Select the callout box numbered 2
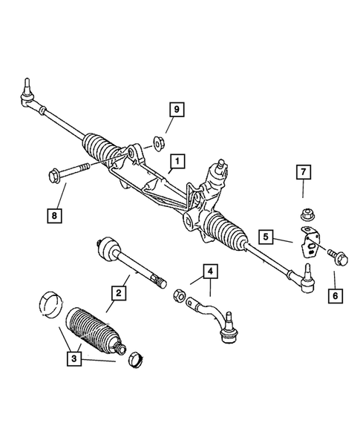[x=119, y=293]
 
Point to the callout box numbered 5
[x=266, y=237]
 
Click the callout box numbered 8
[x=53, y=215]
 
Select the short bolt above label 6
[x=332, y=254]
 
